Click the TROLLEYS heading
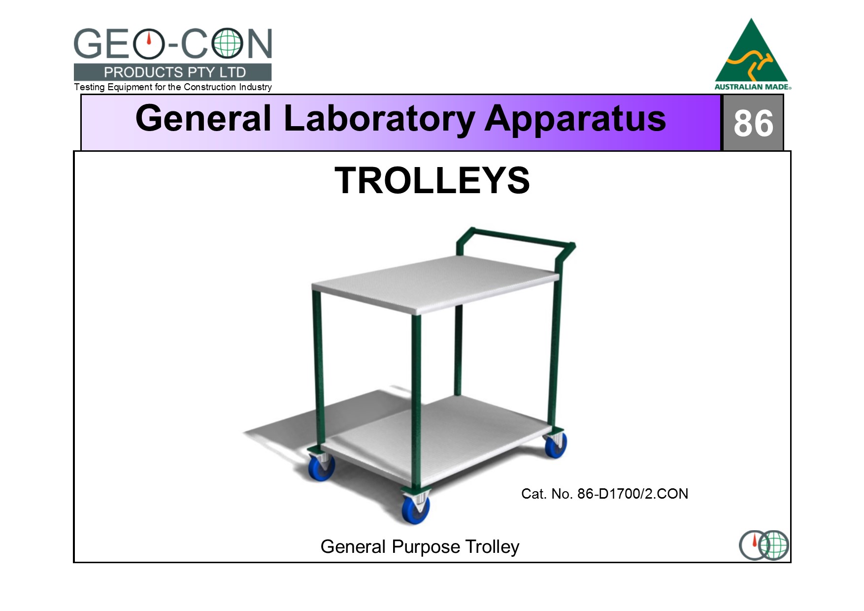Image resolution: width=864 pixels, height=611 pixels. click(432, 180)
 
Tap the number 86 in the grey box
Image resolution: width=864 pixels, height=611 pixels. click(753, 123)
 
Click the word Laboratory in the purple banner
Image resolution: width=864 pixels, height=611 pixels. click(379, 119)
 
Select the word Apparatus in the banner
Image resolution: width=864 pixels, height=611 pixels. click(575, 120)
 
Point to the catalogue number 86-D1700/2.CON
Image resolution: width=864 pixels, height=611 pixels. click(632, 494)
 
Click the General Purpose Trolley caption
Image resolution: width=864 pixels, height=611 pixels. click(420, 547)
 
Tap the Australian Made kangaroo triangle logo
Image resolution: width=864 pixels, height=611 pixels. click(752, 54)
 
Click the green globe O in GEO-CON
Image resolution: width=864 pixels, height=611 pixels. click(227, 44)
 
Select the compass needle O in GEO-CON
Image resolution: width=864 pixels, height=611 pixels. click(149, 44)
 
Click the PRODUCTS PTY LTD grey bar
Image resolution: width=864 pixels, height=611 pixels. click(172, 72)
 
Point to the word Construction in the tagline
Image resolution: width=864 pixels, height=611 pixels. click(210, 87)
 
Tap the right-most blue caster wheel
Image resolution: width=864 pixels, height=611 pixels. click(555, 444)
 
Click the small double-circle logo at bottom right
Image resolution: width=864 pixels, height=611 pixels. click(764, 545)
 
